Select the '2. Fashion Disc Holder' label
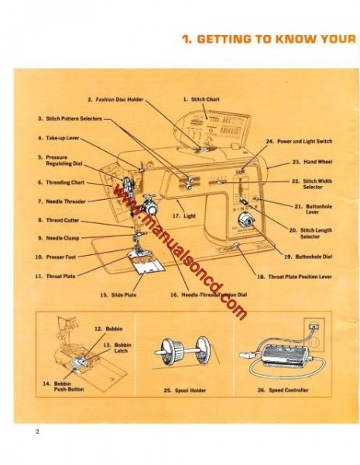(x=115, y=99)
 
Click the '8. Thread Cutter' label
(x=58, y=220)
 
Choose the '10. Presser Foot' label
(x=56, y=257)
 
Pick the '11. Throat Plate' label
(x=56, y=275)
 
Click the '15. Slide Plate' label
(x=118, y=294)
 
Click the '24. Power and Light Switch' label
(x=299, y=142)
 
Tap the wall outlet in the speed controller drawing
(x=314, y=328)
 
